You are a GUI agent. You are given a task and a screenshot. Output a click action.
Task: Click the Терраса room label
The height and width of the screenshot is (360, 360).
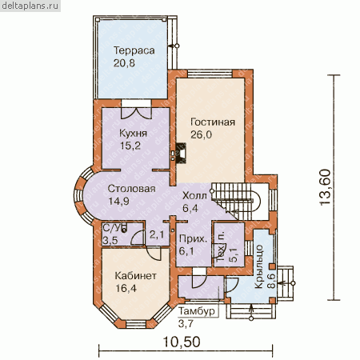(134, 50)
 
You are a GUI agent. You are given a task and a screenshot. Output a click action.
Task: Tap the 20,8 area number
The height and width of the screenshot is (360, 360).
(124, 63)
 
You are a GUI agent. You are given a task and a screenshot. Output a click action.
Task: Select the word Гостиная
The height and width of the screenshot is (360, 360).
(213, 122)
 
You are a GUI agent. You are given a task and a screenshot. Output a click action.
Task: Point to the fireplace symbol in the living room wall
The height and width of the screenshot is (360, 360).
(179, 153)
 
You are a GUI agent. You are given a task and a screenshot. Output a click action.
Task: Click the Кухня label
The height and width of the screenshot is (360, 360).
(133, 133)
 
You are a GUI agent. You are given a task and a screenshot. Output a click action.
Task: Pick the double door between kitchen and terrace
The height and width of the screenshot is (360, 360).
(136, 113)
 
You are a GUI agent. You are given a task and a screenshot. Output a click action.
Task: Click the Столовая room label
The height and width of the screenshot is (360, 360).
(131, 189)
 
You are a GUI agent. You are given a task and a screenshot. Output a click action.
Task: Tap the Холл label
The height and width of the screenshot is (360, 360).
(194, 196)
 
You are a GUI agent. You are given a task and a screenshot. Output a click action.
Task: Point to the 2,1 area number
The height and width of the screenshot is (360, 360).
(157, 234)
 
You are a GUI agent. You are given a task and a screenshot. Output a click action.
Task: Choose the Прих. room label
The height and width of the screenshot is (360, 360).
(193, 238)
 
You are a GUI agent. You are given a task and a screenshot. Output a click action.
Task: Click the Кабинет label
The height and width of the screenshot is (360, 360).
(135, 276)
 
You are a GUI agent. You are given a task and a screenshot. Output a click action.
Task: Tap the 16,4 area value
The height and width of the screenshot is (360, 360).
(126, 288)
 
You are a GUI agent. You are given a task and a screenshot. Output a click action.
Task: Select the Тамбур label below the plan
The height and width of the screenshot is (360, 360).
(197, 311)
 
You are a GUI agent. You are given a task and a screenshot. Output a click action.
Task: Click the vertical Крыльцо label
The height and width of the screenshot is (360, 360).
(259, 266)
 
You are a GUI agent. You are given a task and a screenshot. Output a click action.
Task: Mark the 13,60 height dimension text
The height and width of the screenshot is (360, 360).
(325, 187)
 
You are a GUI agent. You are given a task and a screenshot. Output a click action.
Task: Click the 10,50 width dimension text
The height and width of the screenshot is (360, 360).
(182, 342)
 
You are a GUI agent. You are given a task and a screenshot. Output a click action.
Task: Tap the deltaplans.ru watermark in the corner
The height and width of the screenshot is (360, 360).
(30, 6)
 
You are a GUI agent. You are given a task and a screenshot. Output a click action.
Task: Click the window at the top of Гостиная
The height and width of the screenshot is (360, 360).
(210, 74)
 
